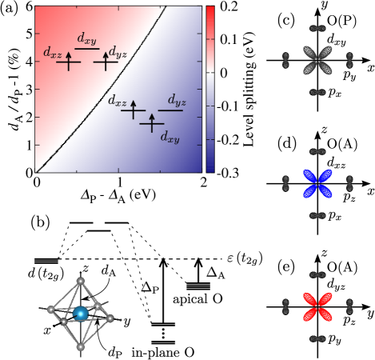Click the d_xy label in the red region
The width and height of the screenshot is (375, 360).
coord(87,38)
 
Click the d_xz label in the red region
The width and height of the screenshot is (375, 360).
coord(53,54)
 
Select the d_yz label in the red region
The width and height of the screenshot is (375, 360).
coord(118,54)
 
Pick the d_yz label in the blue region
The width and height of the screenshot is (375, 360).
coord(177,100)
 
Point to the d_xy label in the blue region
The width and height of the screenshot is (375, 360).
coord(170,137)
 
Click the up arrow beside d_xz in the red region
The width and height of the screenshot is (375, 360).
coord(68,58)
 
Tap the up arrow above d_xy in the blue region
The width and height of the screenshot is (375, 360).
coord(152,121)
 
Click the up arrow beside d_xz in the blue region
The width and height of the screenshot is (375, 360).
coord(133,107)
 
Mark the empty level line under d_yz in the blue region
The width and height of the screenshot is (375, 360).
coord(170,110)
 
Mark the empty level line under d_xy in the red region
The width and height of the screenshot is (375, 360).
coord(87,49)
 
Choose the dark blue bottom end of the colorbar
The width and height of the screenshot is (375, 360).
coord(210,168)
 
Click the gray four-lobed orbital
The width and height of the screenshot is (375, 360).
coord(317,60)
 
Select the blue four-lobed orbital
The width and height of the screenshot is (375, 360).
coord(317,183)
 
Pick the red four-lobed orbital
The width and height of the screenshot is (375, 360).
coord(317,306)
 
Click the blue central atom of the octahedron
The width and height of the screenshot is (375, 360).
coord(81,314)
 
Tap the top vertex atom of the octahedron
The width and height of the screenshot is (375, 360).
coord(80,281)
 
